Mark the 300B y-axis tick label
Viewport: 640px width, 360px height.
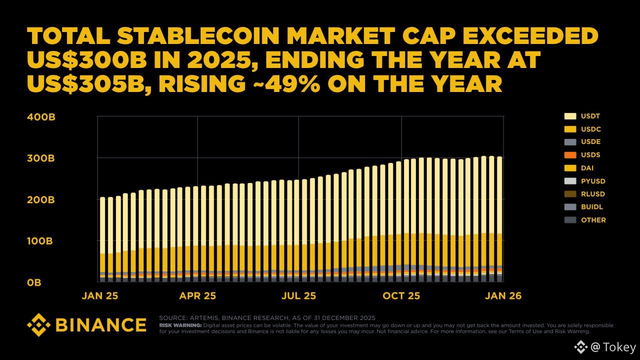41,158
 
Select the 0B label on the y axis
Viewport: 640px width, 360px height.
34,282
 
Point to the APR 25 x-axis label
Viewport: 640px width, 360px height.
198,295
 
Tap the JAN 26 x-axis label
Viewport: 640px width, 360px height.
502,295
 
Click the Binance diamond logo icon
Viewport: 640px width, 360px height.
38,325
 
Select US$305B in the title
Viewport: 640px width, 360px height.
85,83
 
